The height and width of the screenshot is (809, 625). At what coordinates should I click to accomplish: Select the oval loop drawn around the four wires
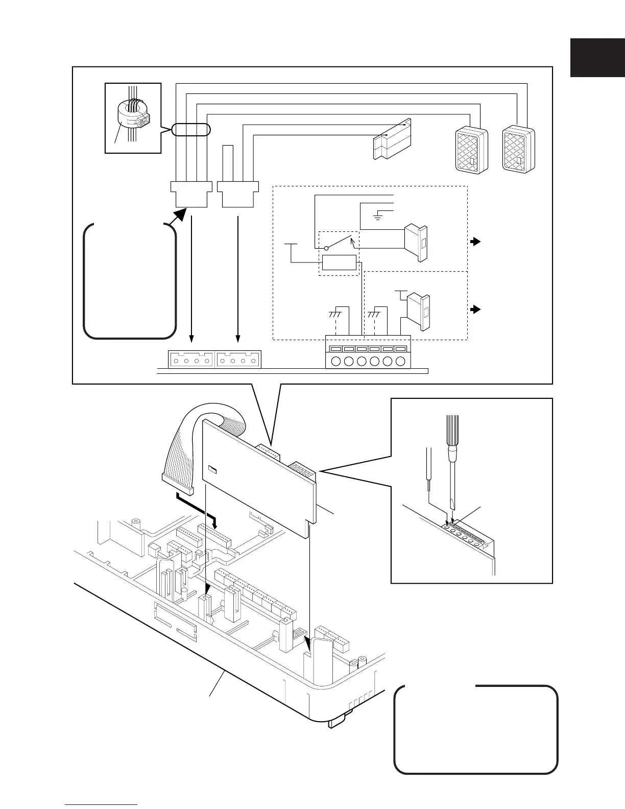190,130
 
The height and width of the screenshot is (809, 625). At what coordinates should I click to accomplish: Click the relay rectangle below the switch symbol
339,263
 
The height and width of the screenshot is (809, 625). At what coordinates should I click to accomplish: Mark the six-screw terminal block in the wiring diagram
368,352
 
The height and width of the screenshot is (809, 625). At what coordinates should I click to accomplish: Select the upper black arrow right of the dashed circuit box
475,242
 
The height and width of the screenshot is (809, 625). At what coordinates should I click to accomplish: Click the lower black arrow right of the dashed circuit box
475,310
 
